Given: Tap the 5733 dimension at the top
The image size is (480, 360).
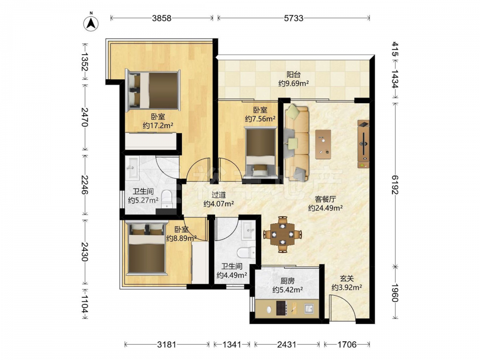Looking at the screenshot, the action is (x=294, y=18).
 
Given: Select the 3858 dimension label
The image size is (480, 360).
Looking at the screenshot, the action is (x=162, y=18).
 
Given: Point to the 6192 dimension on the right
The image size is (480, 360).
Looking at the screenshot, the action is (x=395, y=185).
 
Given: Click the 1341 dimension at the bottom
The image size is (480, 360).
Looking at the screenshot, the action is (x=232, y=345).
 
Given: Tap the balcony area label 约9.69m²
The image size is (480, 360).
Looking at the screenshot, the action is (x=293, y=83).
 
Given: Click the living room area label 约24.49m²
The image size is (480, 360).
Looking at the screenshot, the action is (x=325, y=208).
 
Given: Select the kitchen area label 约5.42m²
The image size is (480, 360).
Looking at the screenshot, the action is (x=288, y=289).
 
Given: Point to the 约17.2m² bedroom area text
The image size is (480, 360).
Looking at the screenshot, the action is (x=158, y=125).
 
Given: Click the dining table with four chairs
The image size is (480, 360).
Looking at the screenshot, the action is (x=283, y=235).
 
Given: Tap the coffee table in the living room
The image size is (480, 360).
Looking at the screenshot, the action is (x=323, y=144).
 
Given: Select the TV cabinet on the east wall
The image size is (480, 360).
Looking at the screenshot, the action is (x=363, y=144).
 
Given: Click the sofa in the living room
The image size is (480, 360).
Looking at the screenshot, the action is (x=296, y=143).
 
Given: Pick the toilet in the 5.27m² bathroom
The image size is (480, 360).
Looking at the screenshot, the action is (x=167, y=199).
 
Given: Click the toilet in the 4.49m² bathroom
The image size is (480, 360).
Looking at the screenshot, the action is (x=246, y=252).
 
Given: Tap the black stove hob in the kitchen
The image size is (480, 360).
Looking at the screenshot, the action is (x=281, y=308).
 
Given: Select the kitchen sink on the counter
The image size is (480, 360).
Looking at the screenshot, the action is (x=309, y=309).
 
